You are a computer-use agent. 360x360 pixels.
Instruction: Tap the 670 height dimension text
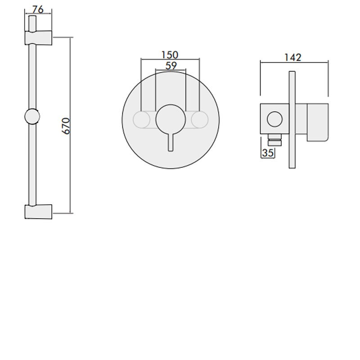click(67, 126)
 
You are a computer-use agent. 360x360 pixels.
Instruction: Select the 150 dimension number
click(170, 55)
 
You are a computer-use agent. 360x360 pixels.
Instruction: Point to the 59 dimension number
click(170, 65)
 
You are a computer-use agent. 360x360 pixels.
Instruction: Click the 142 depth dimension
click(292, 57)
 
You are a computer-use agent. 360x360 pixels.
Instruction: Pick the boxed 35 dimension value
click(268, 153)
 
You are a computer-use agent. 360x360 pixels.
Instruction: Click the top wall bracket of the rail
click(38, 38)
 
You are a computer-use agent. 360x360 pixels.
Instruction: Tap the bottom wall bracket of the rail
click(38, 211)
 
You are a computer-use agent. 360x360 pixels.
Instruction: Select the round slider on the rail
click(31, 117)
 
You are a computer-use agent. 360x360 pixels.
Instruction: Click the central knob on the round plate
click(170, 119)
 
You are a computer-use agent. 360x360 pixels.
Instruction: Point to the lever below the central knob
click(170, 142)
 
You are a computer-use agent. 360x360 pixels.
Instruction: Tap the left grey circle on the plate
click(142, 119)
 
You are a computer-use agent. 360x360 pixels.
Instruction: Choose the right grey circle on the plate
click(198, 119)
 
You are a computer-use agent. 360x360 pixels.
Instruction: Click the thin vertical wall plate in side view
click(292, 119)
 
